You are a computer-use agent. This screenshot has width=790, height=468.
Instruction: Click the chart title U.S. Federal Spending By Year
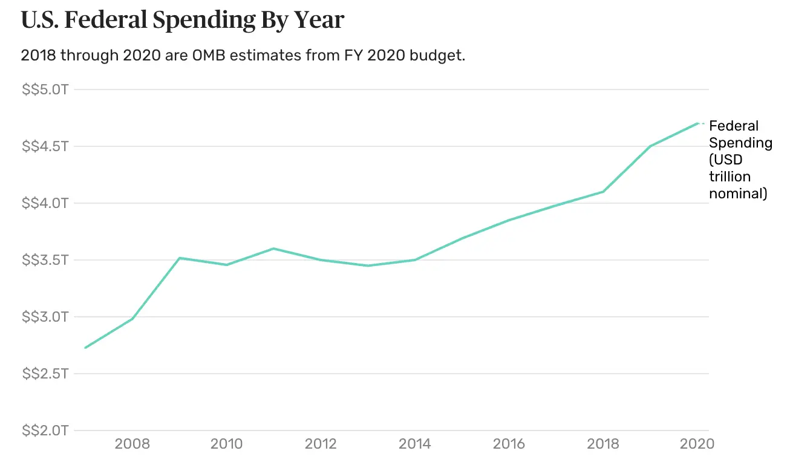point(182,20)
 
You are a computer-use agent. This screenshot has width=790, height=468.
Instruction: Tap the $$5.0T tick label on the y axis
point(46,89)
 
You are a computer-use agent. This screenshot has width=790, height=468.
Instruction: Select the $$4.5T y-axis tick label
point(46,146)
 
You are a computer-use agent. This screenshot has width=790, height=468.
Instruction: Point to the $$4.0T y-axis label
point(46,203)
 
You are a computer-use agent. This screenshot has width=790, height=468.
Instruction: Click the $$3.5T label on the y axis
point(46,260)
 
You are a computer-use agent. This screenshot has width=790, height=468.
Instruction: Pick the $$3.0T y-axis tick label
point(46,317)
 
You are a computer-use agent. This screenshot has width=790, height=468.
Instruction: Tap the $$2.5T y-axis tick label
point(46,374)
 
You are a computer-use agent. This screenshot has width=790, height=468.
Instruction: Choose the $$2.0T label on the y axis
point(46,431)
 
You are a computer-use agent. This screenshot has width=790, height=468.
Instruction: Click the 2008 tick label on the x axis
point(132,444)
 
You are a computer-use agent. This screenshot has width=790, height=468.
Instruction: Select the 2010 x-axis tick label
point(226,444)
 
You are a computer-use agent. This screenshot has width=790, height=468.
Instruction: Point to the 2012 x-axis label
point(321,444)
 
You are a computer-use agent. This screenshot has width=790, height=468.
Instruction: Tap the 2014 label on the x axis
point(415,444)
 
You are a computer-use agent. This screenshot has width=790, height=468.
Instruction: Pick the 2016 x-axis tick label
point(509,444)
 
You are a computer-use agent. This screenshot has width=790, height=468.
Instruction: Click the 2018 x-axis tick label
point(604,444)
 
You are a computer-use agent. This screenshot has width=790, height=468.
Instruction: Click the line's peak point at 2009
point(179,258)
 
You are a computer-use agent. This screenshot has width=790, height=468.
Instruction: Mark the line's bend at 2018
point(604,192)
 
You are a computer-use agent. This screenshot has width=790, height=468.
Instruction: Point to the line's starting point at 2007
point(85,348)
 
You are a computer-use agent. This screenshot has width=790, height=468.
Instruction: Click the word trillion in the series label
point(730,177)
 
